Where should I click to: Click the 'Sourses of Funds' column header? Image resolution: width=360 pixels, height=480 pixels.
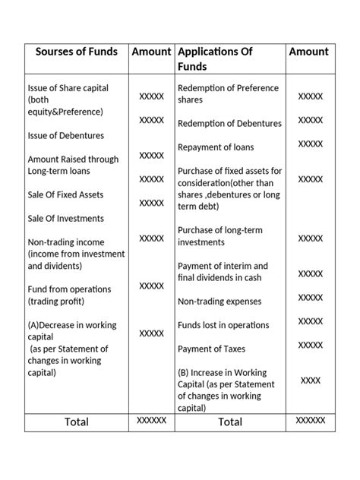coord(77,52)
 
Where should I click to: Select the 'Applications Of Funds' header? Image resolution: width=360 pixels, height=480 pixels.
coord(214,59)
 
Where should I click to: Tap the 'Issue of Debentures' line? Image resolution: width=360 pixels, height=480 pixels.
coord(65,135)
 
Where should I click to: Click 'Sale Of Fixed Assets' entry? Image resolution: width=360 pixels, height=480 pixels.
coord(65,194)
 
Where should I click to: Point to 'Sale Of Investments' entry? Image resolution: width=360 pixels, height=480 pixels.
coord(65,218)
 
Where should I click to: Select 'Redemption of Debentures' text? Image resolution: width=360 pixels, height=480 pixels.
coord(229,123)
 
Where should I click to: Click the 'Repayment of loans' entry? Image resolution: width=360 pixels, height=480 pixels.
coord(216,147)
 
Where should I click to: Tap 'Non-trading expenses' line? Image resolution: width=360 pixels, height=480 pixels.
coord(219,302)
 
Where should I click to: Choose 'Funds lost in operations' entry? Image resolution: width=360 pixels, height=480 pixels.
coord(223,325)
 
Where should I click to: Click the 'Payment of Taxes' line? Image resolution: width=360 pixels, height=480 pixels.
coord(210,349)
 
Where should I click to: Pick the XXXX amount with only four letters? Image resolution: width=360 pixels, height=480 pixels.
coord(310,380)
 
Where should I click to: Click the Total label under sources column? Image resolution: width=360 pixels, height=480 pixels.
coord(76,422)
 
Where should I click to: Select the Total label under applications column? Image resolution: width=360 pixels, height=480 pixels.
coord(230,422)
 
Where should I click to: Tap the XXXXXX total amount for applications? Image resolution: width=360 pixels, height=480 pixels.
coord(310,420)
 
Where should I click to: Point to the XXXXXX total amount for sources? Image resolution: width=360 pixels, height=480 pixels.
coord(151,420)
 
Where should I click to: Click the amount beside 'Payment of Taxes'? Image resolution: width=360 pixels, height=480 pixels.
coord(310,345)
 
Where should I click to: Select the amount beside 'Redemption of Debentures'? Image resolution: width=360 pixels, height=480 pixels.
coord(310,120)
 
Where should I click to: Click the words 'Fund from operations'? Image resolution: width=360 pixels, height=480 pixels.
coord(69,289)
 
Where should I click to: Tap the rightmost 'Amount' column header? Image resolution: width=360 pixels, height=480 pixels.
coord(308,52)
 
